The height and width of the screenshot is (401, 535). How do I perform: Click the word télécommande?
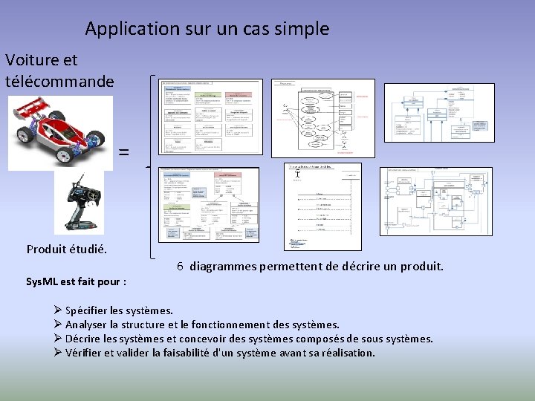(x=59, y=80)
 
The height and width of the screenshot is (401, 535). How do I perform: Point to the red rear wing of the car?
(x=30, y=112)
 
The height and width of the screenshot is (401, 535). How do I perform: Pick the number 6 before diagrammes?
(x=181, y=266)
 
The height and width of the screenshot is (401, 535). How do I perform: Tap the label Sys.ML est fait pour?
(x=76, y=282)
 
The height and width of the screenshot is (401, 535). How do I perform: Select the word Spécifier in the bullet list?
(x=88, y=310)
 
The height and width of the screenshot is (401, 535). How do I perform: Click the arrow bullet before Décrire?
(x=58, y=339)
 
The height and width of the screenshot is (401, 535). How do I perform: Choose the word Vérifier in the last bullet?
(x=85, y=353)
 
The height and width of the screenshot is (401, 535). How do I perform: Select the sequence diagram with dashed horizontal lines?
(x=324, y=206)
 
